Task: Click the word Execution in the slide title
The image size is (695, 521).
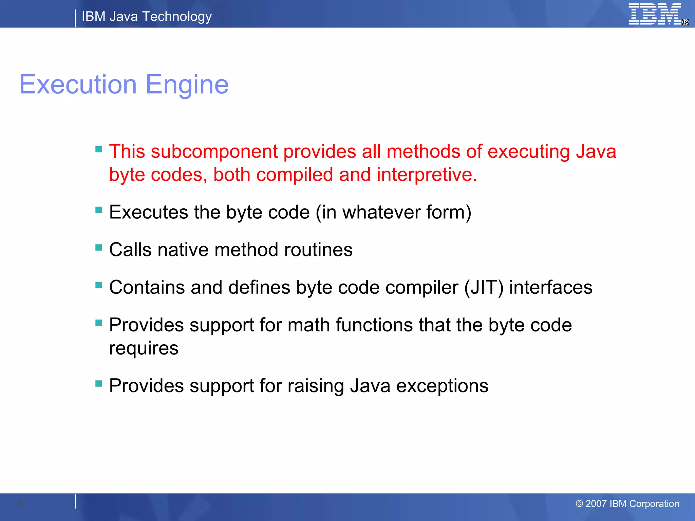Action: tap(78, 84)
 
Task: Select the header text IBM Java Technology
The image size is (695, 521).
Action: tap(147, 17)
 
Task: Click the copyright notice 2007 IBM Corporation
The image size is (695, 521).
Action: tap(627, 504)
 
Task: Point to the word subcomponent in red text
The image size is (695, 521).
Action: tap(214, 151)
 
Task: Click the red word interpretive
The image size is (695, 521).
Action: tap(427, 175)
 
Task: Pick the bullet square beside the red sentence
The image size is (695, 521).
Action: tap(99, 149)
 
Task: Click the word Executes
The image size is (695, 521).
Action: tap(148, 212)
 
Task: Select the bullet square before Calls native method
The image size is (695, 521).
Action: tap(99, 248)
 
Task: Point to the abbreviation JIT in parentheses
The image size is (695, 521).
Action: tap(484, 288)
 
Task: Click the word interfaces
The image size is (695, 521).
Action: tap(550, 288)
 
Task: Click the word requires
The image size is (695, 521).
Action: tap(144, 349)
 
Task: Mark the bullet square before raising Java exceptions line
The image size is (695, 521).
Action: tap(99, 384)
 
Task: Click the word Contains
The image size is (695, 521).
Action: tap(147, 288)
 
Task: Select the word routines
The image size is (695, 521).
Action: tap(318, 250)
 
